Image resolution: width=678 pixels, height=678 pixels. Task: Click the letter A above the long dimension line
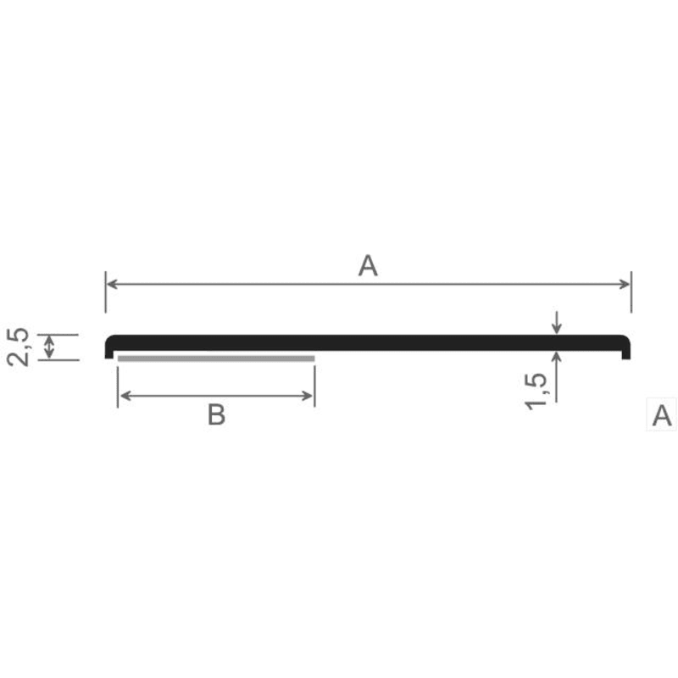[x=368, y=265]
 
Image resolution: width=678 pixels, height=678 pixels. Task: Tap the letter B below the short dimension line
[x=216, y=414]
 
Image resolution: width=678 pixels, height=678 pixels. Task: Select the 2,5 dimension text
[x=18, y=347]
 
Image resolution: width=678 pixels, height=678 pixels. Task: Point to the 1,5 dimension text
[x=536, y=391]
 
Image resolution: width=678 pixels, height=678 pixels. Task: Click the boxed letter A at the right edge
[x=662, y=415]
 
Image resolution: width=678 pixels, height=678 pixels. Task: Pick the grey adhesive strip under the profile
[x=216, y=358]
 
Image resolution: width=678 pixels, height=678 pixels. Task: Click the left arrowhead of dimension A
[x=112, y=284]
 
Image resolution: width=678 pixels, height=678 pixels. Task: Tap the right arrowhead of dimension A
[x=625, y=284]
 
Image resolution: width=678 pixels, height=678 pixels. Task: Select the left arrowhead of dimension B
[x=125, y=396]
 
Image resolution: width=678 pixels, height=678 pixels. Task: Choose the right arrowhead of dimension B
[x=308, y=396]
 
